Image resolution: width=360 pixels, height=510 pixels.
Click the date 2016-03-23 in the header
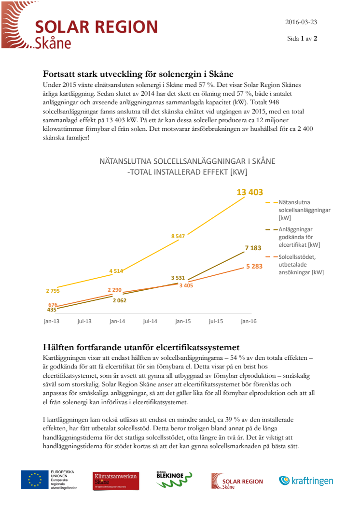301,22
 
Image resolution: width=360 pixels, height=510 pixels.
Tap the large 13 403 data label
249,192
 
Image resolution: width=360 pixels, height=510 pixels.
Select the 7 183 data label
253,248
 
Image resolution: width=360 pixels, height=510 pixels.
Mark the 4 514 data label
116,271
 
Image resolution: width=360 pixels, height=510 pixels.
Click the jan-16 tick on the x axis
249,321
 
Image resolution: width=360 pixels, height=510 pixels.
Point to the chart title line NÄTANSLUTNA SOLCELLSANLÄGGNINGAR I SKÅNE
187,161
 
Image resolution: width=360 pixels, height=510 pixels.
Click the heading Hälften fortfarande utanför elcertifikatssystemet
141,347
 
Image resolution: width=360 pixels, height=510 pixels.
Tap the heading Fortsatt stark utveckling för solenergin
138,74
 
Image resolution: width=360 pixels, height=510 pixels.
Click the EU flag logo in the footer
34,480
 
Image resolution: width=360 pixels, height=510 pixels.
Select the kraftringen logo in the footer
306,481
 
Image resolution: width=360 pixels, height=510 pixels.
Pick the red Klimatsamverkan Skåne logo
116,481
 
